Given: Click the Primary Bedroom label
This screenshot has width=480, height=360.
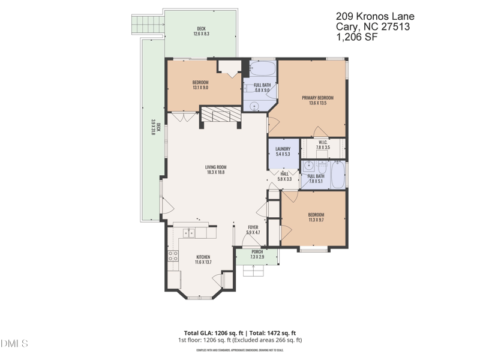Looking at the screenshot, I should pyautogui.click(x=317, y=98).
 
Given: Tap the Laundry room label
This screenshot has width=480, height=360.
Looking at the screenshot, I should pyautogui.click(x=283, y=149).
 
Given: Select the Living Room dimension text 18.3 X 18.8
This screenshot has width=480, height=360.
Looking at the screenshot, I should pyautogui.click(x=215, y=173).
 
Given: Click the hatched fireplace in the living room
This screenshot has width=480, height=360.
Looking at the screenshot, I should pyautogui.click(x=220, y=115).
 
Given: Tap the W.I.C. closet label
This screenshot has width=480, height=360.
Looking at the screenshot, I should pyautogui.click(x=323, y=142).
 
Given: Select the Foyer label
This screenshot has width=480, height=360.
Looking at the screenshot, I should pyautogui.click(x=253, y=227).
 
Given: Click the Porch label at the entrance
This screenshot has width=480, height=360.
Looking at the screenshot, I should pyautogui.click(x=257, y=252).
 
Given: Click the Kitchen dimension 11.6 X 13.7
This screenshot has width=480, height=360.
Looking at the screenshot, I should pyautogui.click(x=203, y=262).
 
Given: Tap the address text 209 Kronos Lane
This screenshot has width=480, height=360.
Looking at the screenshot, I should pyautogui.click(x=375, y=17).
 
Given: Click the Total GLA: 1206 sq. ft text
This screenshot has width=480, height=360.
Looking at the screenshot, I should pyautogui.click(x=212, y=333).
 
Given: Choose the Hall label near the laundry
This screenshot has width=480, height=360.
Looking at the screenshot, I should pyautogui.click(x=284, y=174).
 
